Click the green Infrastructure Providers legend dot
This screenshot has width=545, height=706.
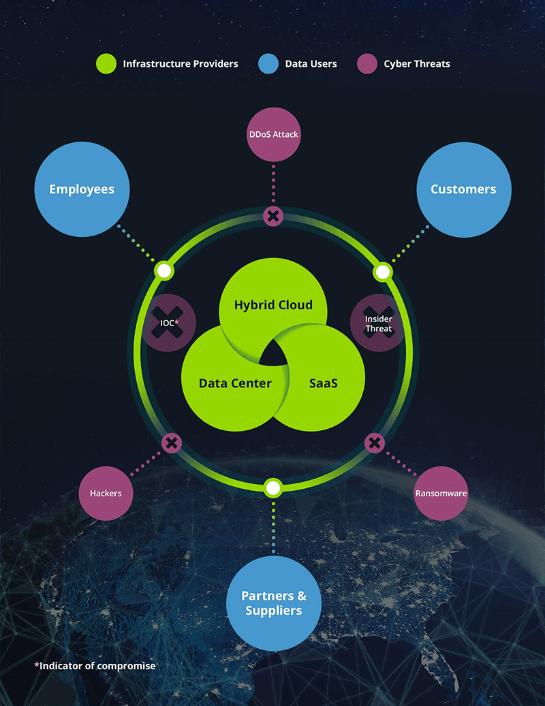106,63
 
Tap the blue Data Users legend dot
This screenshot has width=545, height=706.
268,63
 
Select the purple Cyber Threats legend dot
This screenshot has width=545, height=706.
367,63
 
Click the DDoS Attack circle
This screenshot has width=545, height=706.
274,134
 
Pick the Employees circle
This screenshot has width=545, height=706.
82,189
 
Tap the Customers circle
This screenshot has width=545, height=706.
464,189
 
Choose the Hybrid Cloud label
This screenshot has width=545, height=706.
273,305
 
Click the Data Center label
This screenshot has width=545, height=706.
235,383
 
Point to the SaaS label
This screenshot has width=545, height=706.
324,383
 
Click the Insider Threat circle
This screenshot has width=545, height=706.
379,323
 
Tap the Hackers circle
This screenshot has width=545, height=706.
106,494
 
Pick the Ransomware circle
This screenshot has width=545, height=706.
441,494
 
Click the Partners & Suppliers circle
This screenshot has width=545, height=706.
274,603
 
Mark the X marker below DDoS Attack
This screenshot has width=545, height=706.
273,216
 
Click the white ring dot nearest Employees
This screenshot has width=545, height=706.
164,271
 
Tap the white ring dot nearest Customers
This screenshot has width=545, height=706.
383,272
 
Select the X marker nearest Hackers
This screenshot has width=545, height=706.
172,443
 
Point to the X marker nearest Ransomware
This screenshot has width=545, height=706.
375,443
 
